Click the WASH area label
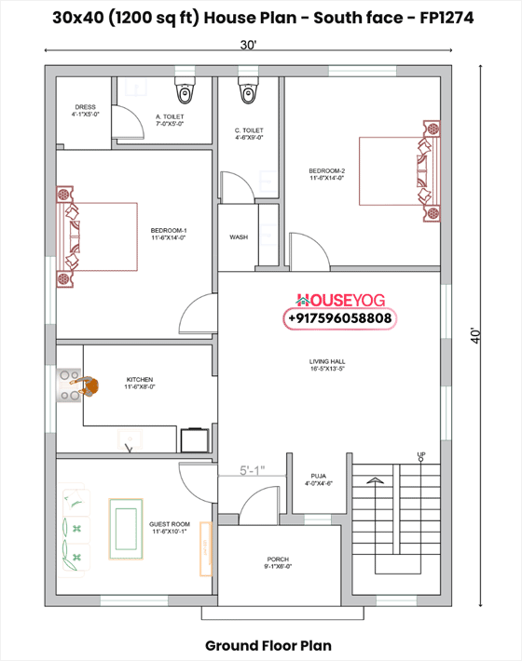tap(239, 237)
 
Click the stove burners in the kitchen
tap(68, 385)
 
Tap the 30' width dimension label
tap(247, 45)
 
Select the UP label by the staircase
tap(421, 454)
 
